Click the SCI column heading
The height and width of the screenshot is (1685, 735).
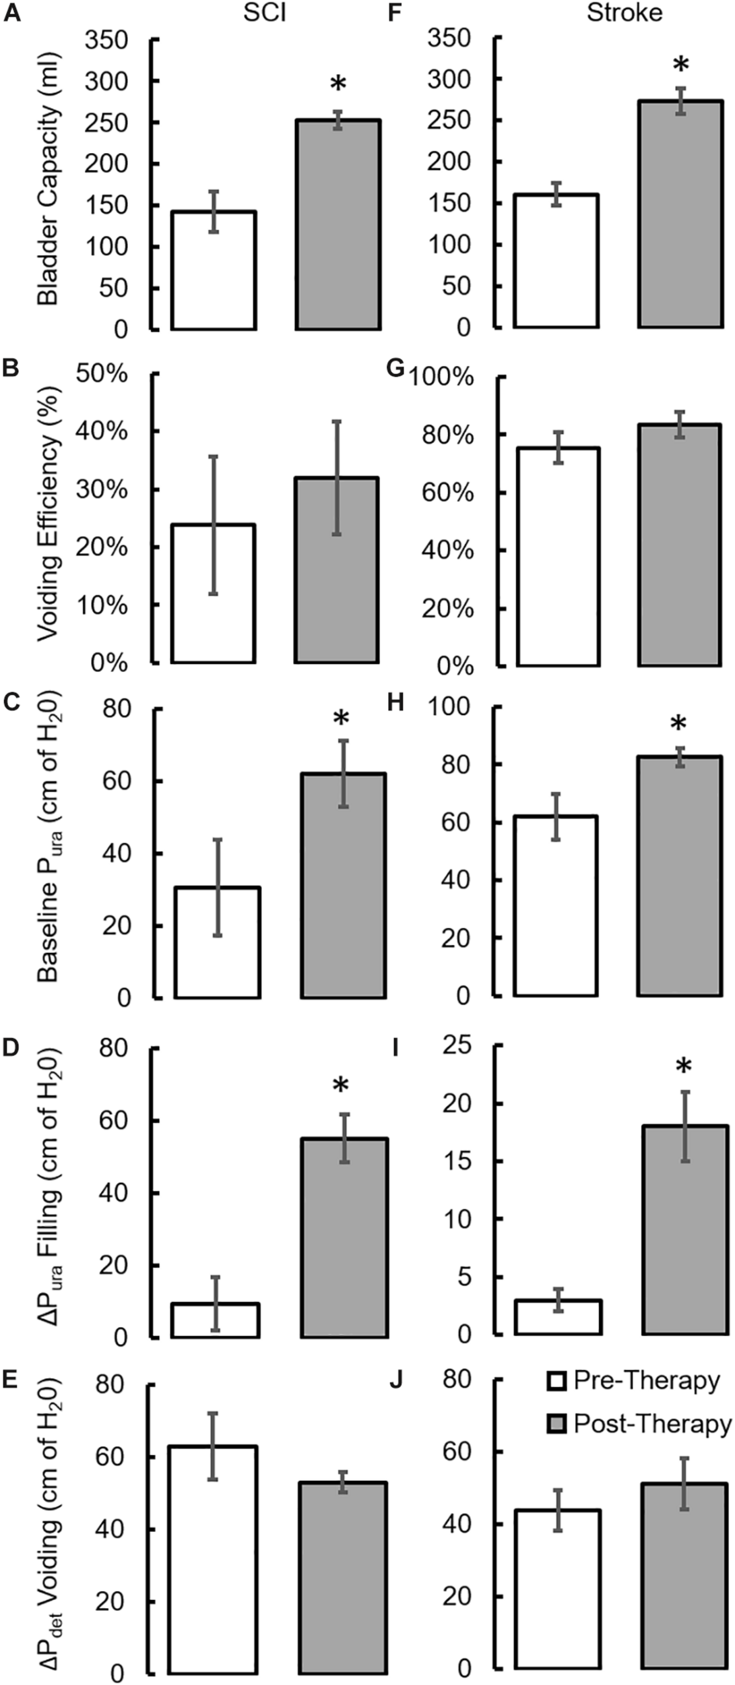[x=265, y=13]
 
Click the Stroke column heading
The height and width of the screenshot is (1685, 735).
[x=624, y=13]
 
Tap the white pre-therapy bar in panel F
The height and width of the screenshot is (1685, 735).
[x=556, y=261]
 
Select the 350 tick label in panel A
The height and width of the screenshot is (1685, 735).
[x=106, y=40]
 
